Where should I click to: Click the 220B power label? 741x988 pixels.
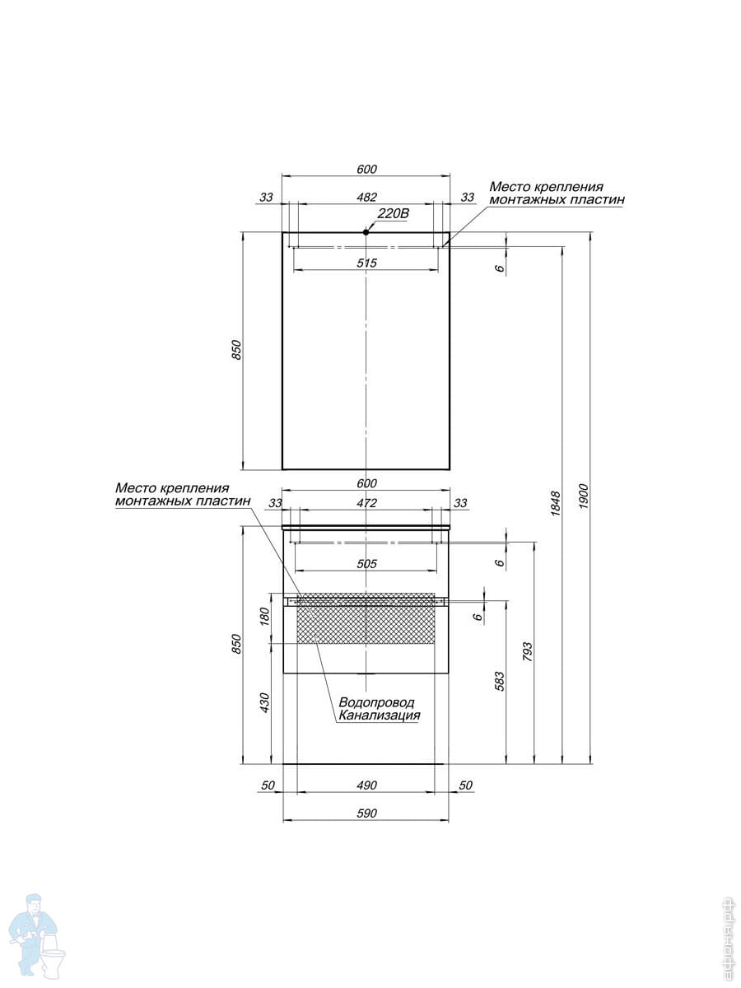(x=394, y=213)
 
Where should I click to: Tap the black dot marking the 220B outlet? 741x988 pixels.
(x=366, y=232)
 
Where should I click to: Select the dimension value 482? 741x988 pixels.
(x=366, y=197)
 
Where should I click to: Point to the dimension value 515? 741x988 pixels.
(x=366, y=263)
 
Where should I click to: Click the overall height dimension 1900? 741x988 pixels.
(x=584, y=496)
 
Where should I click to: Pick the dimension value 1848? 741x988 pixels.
(x=555, y=504)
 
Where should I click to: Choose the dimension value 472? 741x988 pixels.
(x=366, y=503)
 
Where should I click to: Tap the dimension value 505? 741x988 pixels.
(x=366, y=563)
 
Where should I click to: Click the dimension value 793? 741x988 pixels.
(x=527, y=651)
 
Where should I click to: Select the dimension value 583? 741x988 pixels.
(x=500, y=681)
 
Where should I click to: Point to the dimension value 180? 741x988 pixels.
(x=264, y=616)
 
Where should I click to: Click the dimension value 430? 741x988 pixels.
(x=264, y=702)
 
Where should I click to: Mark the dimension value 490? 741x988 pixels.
(x=366, y=785)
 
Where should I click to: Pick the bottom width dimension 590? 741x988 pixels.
(x=366, y=813)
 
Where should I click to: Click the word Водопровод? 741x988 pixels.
(x=376, y=702)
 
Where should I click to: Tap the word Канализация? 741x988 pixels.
(x=380, y=715)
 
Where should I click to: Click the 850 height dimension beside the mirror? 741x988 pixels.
(x=237, y=350)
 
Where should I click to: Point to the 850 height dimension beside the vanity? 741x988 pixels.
(x=237, y=644)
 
